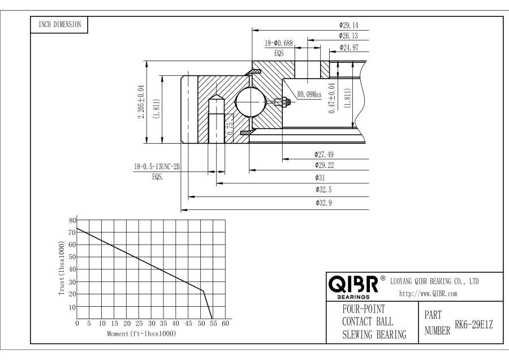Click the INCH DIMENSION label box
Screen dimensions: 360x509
click(x=59, y=24)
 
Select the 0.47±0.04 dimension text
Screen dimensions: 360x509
click(x=332, y=99)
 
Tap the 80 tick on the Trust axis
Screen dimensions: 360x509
click(x=72, y=220)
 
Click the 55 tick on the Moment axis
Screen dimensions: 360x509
click(x=213, y=324)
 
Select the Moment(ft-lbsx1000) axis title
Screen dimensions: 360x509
click(x=141, y=334)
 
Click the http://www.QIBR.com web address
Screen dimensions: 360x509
click(x=428, y=293)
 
